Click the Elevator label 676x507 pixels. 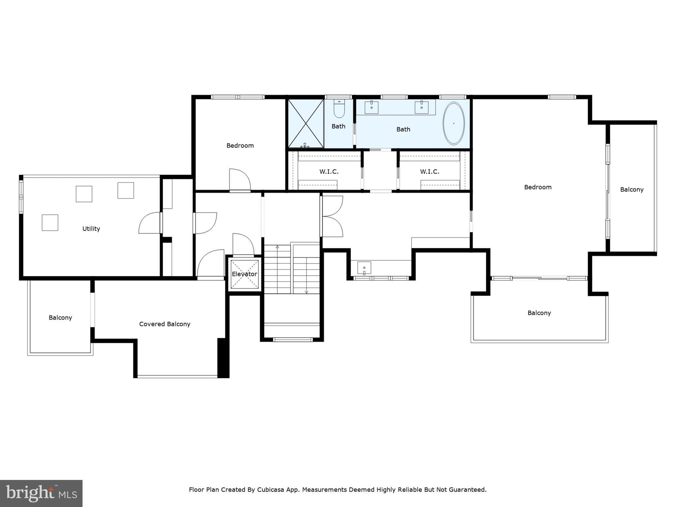pyautogui.click(x=244, y=274)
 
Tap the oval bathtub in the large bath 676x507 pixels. pyautogui.click(x=454, y=123)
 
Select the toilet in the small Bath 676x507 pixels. pyautogui.click(x=339, y=109)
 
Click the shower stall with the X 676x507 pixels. pyautogui.click(x=306, y=123)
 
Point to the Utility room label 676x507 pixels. pyautogui.click(x=91, y=228)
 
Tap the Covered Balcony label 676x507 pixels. pyautogui.click(x=165, y=324)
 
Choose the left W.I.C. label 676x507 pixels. pyautogui.click(x=329, y=172)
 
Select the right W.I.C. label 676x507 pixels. pyautogui.click(x=429, y=172)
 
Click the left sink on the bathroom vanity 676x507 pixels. pyautogui.click(x=372, y=107)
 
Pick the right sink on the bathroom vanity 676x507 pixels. pyautogui.click(x=422, y=107)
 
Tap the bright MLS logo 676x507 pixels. pyautogui.click(x=41, y=493)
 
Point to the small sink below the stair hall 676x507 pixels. pyautogui.click(x=364, y=268)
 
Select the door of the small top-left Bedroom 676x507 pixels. pyautogui.click(x=240, y=180)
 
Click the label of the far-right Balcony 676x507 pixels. pyautogui.click(x=632, y=189)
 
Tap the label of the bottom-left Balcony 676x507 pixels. pyautogui.click(x=60, y=318)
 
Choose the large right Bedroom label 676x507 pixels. pyautogui.click(x=538, y=187)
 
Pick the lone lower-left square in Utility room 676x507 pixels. pyautogui.click(x=50, y=222)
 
